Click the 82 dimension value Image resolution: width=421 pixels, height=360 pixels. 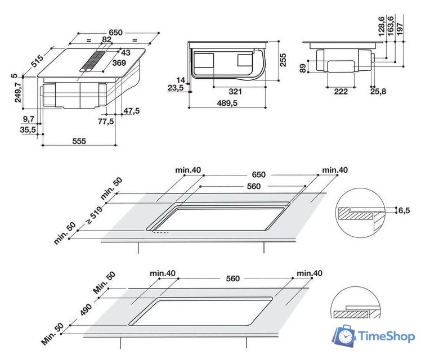[106, 40]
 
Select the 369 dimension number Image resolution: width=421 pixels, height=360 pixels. [118, 64]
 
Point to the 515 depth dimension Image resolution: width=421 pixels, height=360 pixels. [37, 61]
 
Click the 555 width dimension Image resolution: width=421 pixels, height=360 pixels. [79, 141]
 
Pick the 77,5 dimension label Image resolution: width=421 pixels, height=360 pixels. [106, 121]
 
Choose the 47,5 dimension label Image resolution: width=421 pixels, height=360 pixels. [131, 111]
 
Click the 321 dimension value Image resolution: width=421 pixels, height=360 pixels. [235, 92]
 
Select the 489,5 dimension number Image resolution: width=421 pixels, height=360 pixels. [228, 103]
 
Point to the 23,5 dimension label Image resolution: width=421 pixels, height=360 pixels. [176, 88]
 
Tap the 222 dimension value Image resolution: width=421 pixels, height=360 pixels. [341, 91]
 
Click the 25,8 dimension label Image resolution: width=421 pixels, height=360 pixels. [378, 91]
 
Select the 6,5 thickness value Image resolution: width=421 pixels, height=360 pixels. [404, 210]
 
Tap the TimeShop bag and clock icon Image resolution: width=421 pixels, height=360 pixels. [344, 336]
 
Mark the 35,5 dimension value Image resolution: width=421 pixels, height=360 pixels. [28, 129]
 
